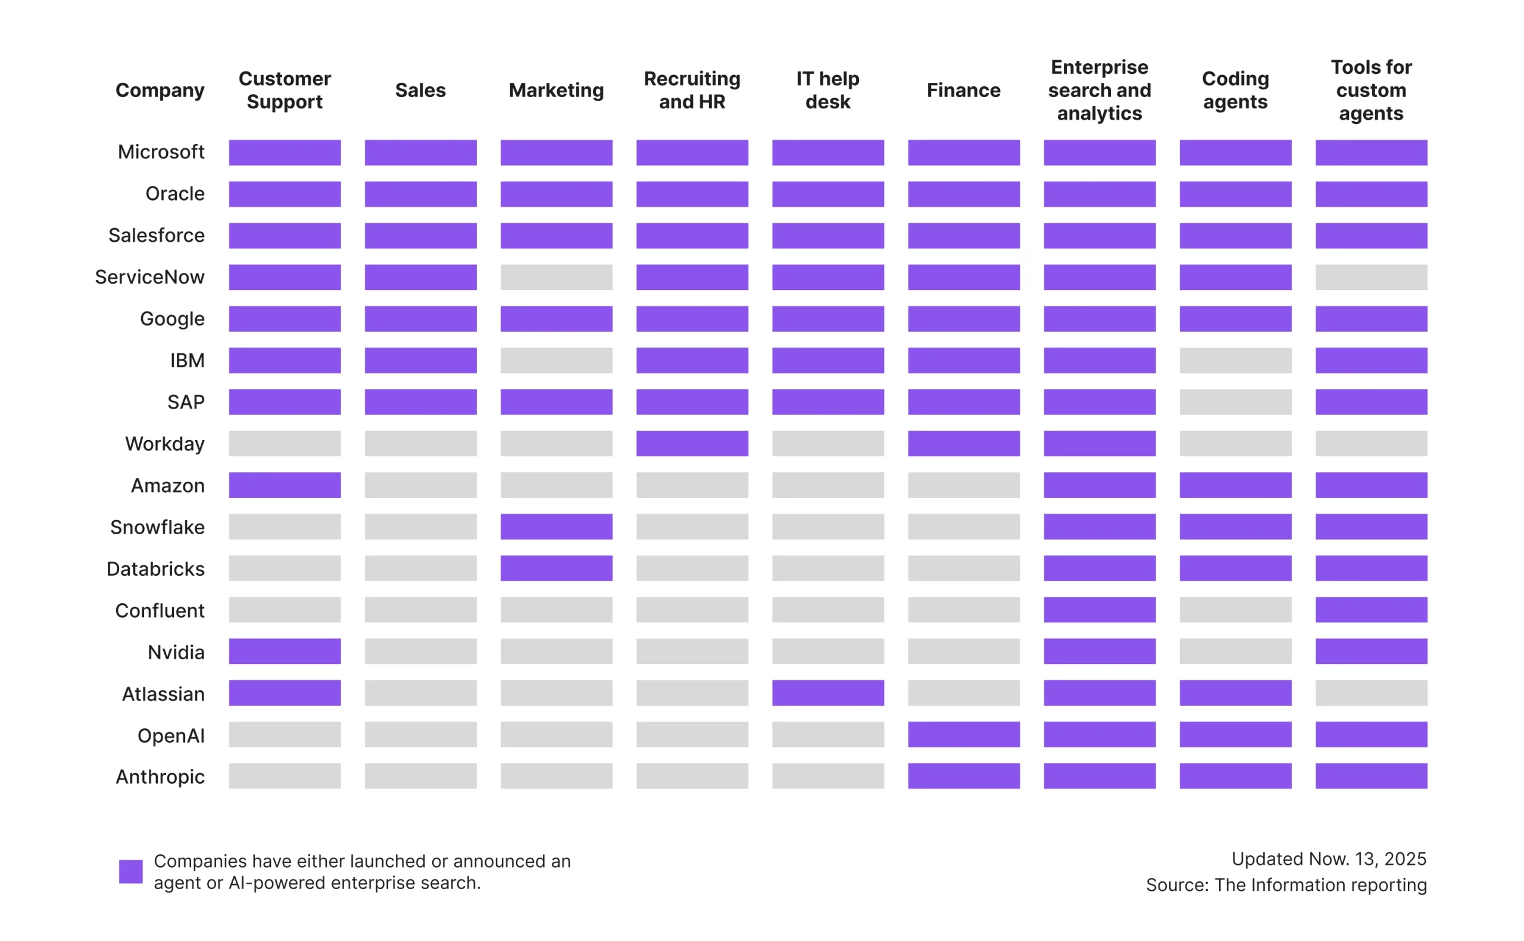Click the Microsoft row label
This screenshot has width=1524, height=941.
pyautogui.click(x=161, y=152)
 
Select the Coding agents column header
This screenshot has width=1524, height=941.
pyautogui.click(x=1235, y=91)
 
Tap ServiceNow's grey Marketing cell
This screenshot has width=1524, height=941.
pyautogui.click(x=556, y=277)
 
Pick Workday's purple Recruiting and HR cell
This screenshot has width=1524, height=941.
pyautogui.click(x=692, y=444)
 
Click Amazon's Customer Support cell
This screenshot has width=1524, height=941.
pyautogui.click(x=285, y=485)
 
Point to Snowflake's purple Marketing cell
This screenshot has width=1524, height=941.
pyautogui.click(x=556, y=526)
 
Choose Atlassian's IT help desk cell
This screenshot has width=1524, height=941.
pyautogui.click(x=828, y=693)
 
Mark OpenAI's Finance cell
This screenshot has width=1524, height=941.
pyautogui.click(x=964, y=734)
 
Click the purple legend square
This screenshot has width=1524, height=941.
pyautogui.click(x=130, y=871)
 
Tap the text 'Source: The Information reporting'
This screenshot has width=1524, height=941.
pyautogui.click(x=1286, y=885)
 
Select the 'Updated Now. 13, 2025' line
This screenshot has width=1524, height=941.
pyautogui.click(x=1329, y=859)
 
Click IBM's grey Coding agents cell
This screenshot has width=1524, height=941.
pyautogui.click(x=1235, y=360)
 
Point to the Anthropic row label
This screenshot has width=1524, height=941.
pyautogui.click(x=160, y=777)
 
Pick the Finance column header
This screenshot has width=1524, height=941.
pyautogui.click(x=964, y=91)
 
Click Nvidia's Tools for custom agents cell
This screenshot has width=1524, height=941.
pyautogui.click(x=1371, y=651)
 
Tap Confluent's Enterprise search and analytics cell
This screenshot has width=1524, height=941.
pyautogui.click(x=1100, y=610)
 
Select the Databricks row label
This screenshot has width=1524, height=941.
pyautogui.click(x=155, y=569)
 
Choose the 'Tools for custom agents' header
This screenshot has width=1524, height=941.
pyautogui.click(x=1371, y=91)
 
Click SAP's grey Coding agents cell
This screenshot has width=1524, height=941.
pyautogui.click(x=1235, y=402)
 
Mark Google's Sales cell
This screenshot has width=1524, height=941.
pyautogui.click(x=420, y=319)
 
